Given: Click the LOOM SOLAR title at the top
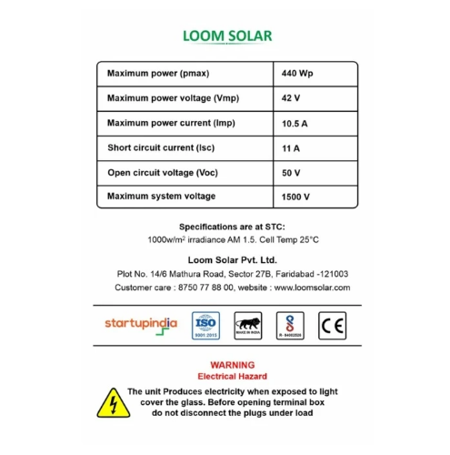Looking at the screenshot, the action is (226, 37).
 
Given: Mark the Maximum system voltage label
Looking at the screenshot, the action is (161, 197).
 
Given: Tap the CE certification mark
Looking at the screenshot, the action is (332, 325).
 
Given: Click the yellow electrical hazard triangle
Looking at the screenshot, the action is (112, 401).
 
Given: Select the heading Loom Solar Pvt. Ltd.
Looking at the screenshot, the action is (226, 259).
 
